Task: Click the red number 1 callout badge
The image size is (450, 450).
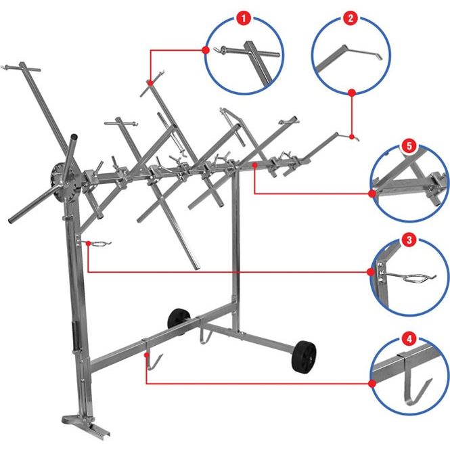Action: (x=244, y=19)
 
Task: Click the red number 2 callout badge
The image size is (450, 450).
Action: (x=351, y=18)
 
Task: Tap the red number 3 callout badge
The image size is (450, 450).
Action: (x=409, y=240)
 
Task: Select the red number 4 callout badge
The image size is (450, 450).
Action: (x=409, y=339)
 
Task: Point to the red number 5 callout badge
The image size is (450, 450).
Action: (x=409, y=146)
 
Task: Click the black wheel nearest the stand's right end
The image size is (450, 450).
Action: (x=304, y=357)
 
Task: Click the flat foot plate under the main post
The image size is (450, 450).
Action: (x=86, y=426)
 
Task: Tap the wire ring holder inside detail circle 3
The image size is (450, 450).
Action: (x=413, y=277)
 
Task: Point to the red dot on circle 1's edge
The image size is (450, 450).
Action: (x=206, y=50)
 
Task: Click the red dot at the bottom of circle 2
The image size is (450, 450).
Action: (x=352, y=93)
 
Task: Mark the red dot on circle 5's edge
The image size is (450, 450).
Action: (x=372, y=194)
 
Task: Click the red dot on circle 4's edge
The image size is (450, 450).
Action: (x=372, y=384)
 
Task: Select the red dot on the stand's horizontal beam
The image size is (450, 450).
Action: (x=254, y=164)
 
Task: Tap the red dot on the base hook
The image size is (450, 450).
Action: (x=147, y=355)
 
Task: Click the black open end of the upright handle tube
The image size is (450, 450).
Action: (x=74, y=136)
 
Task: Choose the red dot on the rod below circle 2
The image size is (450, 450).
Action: (x=352, y=137)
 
